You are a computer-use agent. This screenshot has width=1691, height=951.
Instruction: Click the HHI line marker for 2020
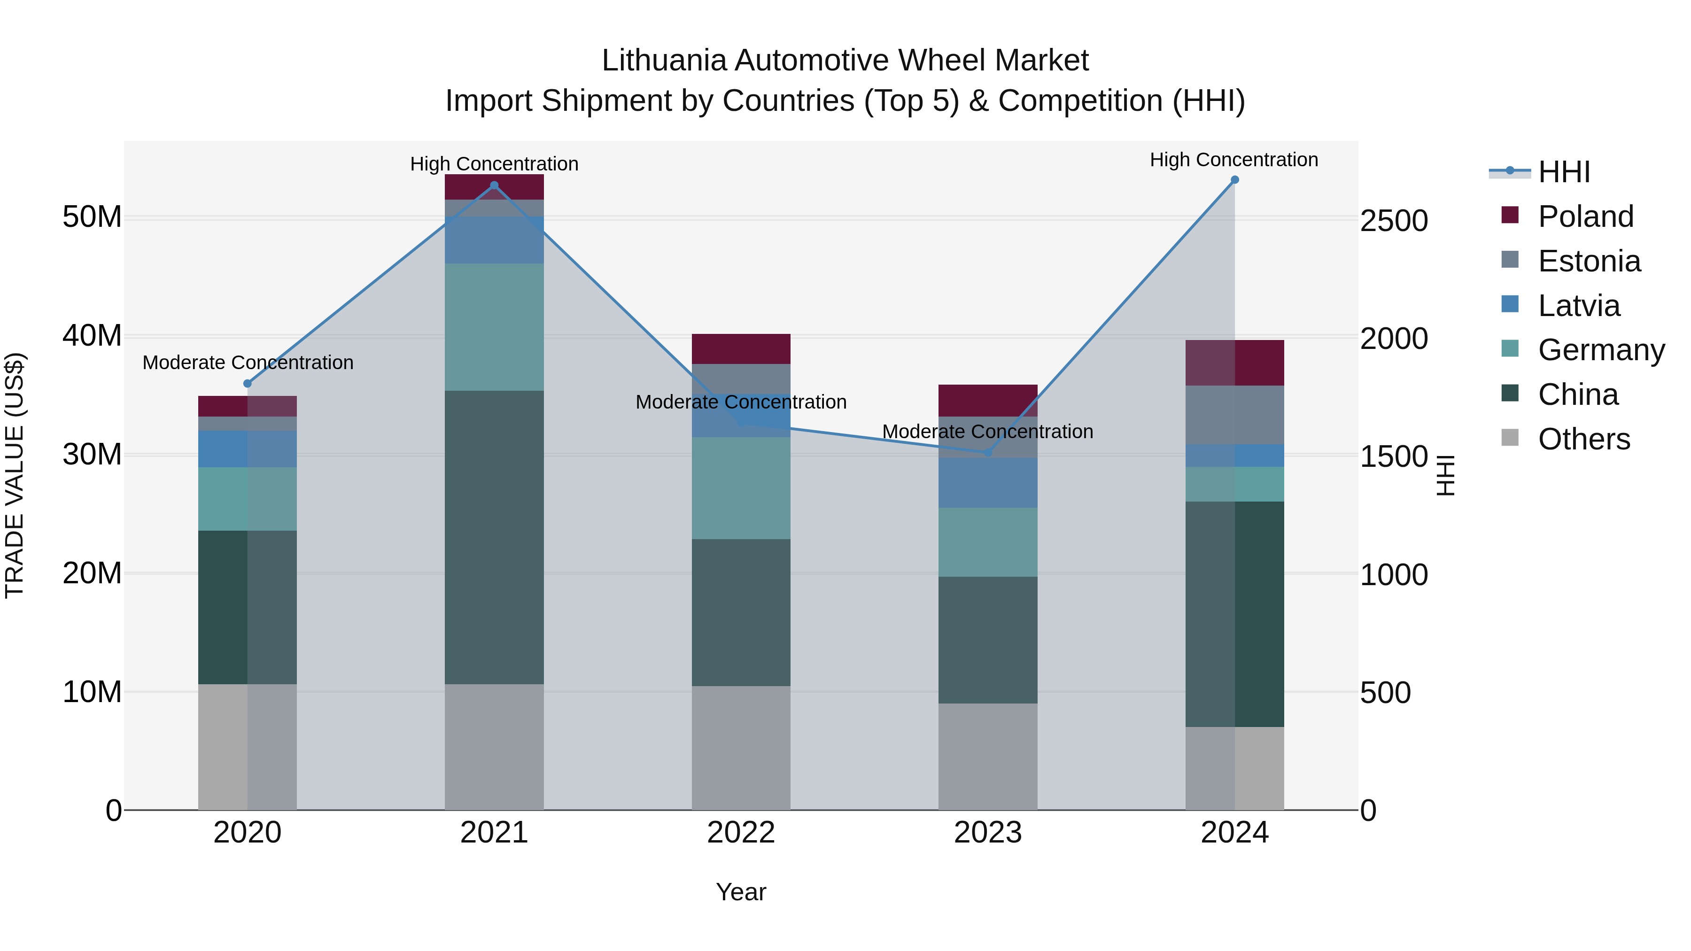pyautogui.click(x=248, y=383)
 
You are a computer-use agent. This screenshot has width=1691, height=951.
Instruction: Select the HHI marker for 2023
pyautogui.click(x=987, y=452)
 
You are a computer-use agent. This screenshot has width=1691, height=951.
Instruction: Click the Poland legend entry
pyautogui.click(x=1585, y=216)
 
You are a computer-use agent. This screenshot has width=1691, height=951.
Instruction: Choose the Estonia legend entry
pyautogui.click(x=1589, y=261)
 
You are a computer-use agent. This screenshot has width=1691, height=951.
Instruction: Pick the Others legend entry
pyautogui.click(x=1583, y=439)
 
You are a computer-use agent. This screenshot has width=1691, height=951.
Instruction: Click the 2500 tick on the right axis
pyautogui.click(x=1393, y=221)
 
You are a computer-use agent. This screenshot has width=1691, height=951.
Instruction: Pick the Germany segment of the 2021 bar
pyautogui.click(x=494, y=327)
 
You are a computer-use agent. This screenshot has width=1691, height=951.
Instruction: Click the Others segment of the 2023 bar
pyautogui.click(x=987, y=756)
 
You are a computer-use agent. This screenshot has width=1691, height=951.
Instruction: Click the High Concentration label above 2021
pyautogui.click(x=494, y=163)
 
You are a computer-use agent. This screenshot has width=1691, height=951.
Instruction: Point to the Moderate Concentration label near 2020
pyautogui.click(x=248, y=362)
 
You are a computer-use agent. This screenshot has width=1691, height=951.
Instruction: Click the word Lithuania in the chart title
pyautogui.click(x=664, y=61)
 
